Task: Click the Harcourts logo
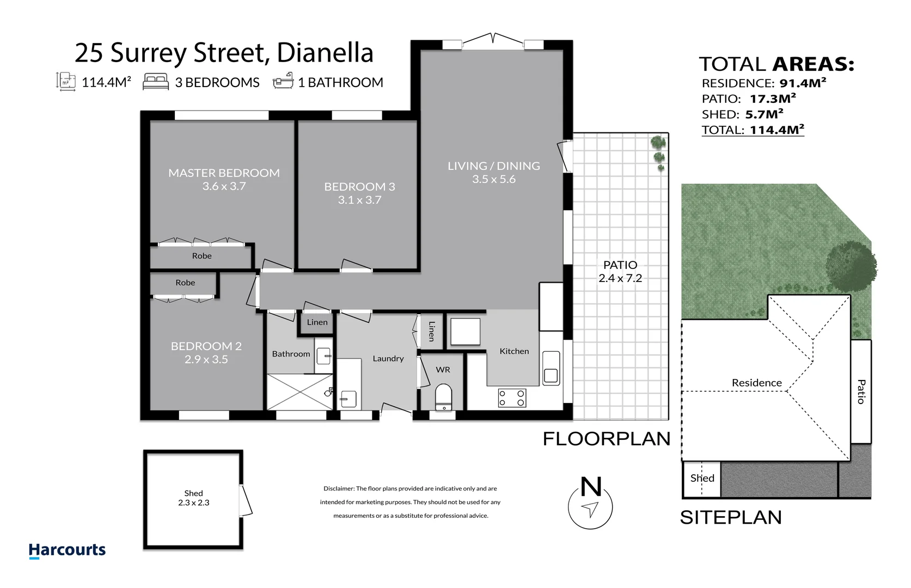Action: pyautogui.click(x=67, y=550)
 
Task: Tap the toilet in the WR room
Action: pyautogui.click(x=444, y=397)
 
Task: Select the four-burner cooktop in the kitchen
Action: pyautogui.click(x=512, y=398)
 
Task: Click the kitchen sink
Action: pyautogui.click(x=551, y=368)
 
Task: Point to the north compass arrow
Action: pyautogui.click(x=590, y=509)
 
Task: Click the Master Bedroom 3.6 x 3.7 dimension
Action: pyautogui.click(x=224, y=186)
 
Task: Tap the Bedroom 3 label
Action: pyautogui.click(x=359, y=187)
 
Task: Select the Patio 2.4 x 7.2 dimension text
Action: pyautogui.click(x=620, y=278)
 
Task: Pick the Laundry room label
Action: pyautogui.click(x=388, y=358)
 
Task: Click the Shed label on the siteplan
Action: pyautogui.click(x=702, y=478)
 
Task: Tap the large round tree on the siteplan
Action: pyautogui.click(x=851, y=265)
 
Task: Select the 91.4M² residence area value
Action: pyautogui.click(x=803, y=83)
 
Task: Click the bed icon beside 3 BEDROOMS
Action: pyautogui.click(x=156, y=82)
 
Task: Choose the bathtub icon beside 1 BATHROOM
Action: pyautogui.click(x=283, y=82)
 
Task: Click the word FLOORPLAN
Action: pyautogui.click(x=606, y=439)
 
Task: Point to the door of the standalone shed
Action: pyautogui.click(x=247, y=501)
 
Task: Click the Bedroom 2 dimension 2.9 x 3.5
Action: pyautogui.click(x=206, y=359)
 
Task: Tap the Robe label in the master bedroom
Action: pyautogui.click(x=201, y=256)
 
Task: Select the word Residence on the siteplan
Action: pyautogui.click(x=756, y=383)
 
